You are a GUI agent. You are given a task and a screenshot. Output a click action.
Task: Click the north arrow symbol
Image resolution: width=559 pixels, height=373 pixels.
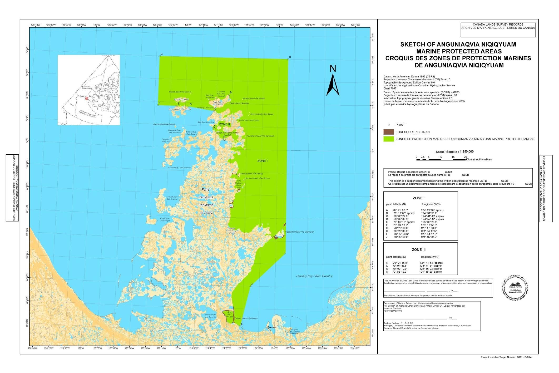[333, 85]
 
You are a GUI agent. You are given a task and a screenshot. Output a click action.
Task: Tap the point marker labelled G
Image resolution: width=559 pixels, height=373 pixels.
[160, 56]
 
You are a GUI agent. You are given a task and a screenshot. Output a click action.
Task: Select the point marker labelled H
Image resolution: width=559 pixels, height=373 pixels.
[288, 59]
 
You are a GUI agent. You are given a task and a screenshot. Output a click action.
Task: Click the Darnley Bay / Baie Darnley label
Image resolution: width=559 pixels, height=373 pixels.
[314, 276]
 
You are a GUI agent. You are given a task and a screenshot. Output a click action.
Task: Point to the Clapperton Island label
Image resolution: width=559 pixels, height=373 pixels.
[300, 232]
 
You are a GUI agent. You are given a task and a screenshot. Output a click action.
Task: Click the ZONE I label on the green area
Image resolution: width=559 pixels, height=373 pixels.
[262, 161]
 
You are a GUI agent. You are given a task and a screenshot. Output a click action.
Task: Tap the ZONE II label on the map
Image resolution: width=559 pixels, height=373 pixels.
[224, 124]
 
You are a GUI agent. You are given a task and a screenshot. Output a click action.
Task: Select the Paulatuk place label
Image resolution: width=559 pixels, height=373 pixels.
[272, 327]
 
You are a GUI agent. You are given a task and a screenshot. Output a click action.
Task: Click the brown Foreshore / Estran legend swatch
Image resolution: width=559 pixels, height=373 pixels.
[388, 132]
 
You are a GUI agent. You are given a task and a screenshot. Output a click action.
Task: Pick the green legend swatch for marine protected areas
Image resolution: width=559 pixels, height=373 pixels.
[388, 139]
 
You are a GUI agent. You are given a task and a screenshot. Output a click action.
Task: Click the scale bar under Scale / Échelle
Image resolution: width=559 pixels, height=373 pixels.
[441, 159]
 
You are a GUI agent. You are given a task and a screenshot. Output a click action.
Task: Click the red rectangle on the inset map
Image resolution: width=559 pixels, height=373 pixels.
[86, 99]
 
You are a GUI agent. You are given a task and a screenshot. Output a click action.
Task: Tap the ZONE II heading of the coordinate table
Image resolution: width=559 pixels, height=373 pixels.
[419, 250]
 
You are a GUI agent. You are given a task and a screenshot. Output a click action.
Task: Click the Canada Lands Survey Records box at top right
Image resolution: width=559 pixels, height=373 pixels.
[498, 30]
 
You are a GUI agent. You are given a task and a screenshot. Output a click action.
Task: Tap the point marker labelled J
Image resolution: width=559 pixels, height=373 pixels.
[250, 286]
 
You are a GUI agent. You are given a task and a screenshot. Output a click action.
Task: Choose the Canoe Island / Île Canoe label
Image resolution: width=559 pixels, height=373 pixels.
[180, 92]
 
